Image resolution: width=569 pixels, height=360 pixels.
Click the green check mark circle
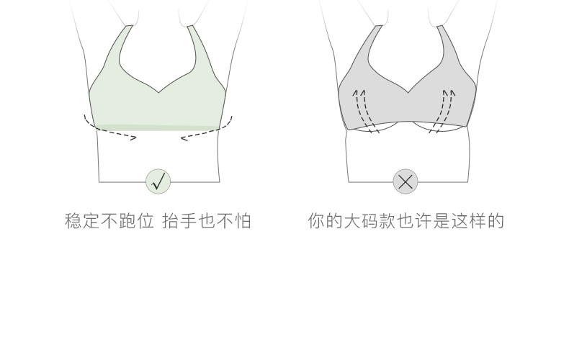(158, 181)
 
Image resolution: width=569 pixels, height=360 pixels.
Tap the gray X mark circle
(406, 181)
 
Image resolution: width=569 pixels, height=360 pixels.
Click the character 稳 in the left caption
(73, 221)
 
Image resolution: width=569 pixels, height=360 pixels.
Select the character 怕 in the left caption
(243, 221)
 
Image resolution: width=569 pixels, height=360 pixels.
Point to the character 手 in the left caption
(189, 221)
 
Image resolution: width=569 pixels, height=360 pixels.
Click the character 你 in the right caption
(316, 221)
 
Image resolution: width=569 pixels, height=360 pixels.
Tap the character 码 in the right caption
(370, 221)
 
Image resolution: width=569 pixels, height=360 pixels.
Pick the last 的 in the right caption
(496, 221)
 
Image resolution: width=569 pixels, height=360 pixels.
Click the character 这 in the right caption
(460, 221)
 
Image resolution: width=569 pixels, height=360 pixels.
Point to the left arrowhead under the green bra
(133, 138)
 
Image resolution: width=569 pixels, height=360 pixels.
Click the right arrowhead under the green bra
(184, 138)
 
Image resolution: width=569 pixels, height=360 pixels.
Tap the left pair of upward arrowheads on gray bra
(359, 93)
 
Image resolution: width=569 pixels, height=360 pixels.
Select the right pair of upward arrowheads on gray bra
(449, 93)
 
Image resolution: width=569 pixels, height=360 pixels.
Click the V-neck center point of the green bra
(158, 93)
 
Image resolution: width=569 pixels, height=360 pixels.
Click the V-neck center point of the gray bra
(408, 93)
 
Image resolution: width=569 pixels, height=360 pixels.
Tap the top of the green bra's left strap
(129, 26)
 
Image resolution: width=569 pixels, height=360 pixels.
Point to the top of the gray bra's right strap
(440, 26)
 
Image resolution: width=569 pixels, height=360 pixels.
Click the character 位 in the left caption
(145, 221)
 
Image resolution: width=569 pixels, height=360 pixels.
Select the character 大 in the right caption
(352, 221)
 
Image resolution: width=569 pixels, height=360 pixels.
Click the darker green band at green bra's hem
(157, 127)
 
